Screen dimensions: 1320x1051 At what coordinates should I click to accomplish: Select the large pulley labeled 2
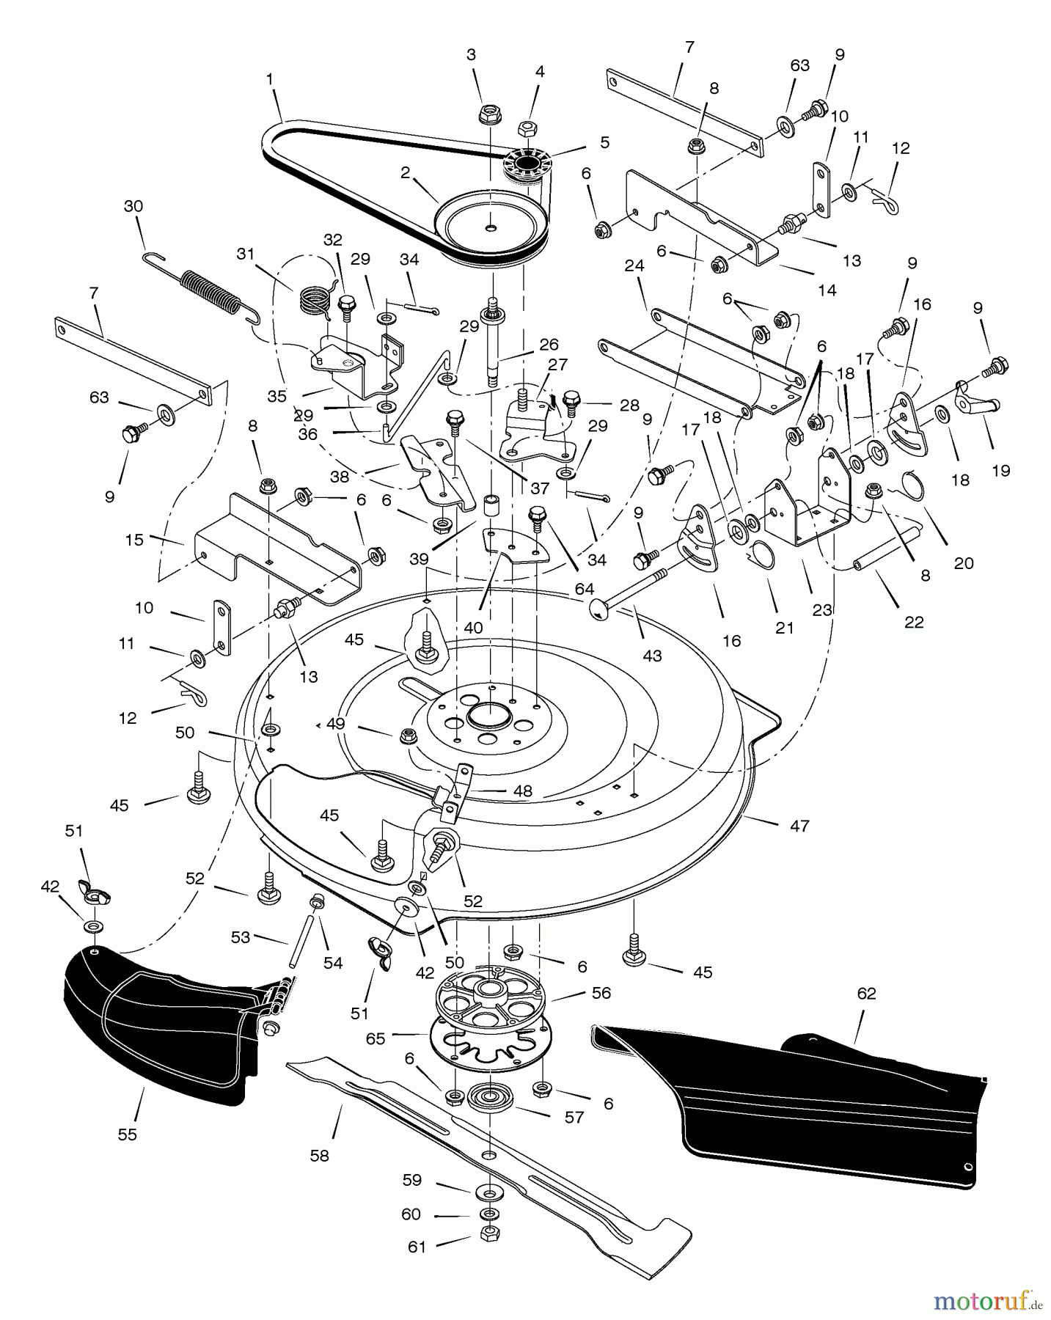(x=489, y=226)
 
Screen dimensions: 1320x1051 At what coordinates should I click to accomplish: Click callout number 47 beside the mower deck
(x=799, y=826)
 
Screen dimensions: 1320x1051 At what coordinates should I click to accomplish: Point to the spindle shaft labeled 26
(x=493, y=345)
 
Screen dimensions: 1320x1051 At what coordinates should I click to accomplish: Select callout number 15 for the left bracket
(x=133, y=539)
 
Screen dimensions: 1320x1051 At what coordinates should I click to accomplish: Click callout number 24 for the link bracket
(x=634, y=266)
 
